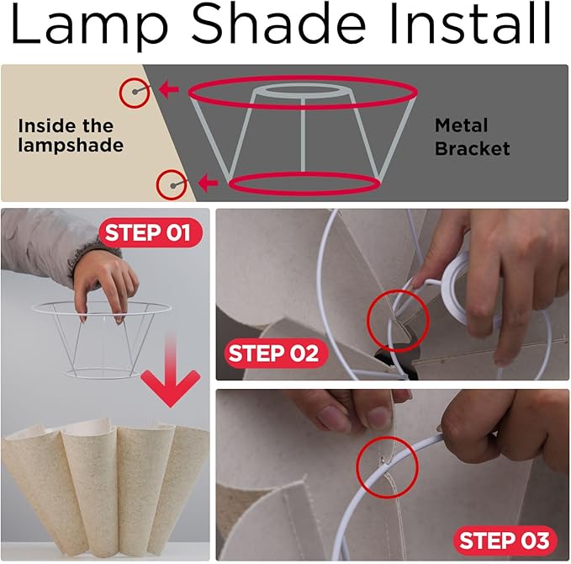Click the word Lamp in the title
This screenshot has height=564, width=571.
(x=90, y=24)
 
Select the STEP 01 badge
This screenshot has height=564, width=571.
(x=151, y=232)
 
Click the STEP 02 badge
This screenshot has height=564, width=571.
(x=276, y=353)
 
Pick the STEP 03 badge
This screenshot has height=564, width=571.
(x=505, y=540)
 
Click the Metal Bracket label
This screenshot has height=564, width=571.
(x=472, y=137)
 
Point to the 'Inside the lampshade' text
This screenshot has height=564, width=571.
(x=71, y=136)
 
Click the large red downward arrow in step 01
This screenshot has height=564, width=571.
(x=171, y=368)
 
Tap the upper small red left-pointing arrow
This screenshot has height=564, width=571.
(x=168, y=89)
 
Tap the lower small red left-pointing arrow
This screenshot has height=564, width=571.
(x=209, y=183)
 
